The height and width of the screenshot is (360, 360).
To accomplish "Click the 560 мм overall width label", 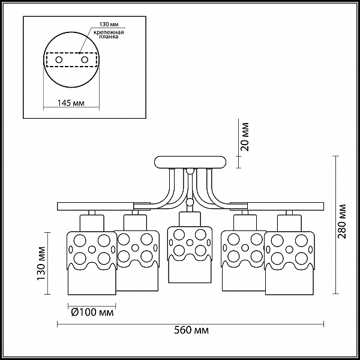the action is pos(191,331).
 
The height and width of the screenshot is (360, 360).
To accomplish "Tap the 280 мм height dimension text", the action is pos(343,221).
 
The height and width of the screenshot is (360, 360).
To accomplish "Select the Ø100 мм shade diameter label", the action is pos(92,312).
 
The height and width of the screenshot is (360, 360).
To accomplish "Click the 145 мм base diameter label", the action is pos(71,103).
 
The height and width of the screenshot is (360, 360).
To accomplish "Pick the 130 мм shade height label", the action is pos(41,263).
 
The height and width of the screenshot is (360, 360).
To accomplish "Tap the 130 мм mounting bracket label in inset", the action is pos(109,25).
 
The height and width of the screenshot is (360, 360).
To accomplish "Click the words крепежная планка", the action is pos(109,34).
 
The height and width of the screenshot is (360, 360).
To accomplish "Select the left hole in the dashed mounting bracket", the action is pos(59,60).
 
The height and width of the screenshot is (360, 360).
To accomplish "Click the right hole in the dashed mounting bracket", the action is pos(85,60).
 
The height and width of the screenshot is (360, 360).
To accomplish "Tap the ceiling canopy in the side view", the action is pos(190,163).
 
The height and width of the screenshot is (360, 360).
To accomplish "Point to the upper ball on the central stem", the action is pos(190,171).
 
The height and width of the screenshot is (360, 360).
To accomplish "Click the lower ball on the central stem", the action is pos(190,202).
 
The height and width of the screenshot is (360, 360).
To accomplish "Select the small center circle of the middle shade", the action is pos(190,242).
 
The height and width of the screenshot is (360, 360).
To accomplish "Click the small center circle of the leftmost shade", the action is pos(92,250).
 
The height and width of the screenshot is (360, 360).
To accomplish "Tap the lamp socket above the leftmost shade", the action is pos(92,223).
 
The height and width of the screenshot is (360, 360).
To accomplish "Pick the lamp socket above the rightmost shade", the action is pos(289,223).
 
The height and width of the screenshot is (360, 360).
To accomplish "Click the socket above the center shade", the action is pos(190,220).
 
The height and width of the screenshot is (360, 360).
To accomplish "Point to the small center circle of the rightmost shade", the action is pos(289,250).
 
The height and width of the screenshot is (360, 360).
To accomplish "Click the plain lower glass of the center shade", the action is pos(190,272).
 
